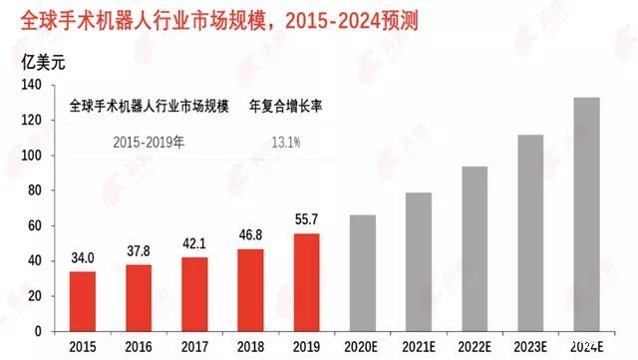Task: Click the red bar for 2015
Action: coord(84,301)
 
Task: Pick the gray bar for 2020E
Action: coord(363,273)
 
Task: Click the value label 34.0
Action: coord(84,258)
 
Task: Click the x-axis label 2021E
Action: coord(418,347)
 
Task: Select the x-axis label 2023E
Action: coord(529,347)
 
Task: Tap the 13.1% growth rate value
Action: coord(286,142)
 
